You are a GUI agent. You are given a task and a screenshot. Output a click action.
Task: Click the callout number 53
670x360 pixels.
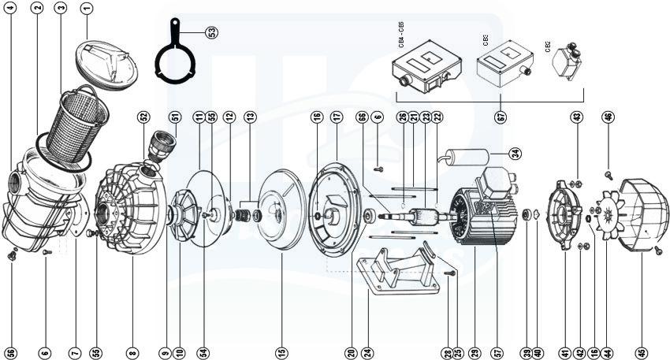point(210,32)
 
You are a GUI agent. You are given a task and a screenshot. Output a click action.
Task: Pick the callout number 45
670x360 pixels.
point(641,352)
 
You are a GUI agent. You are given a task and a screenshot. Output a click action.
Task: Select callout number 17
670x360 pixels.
point(337,117)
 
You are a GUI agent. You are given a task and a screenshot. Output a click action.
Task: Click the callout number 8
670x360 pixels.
point(132,352)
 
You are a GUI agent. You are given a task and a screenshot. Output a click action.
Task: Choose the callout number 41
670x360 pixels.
point(564,352)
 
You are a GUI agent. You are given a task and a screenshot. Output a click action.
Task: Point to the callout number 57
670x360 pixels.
point(496,352)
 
